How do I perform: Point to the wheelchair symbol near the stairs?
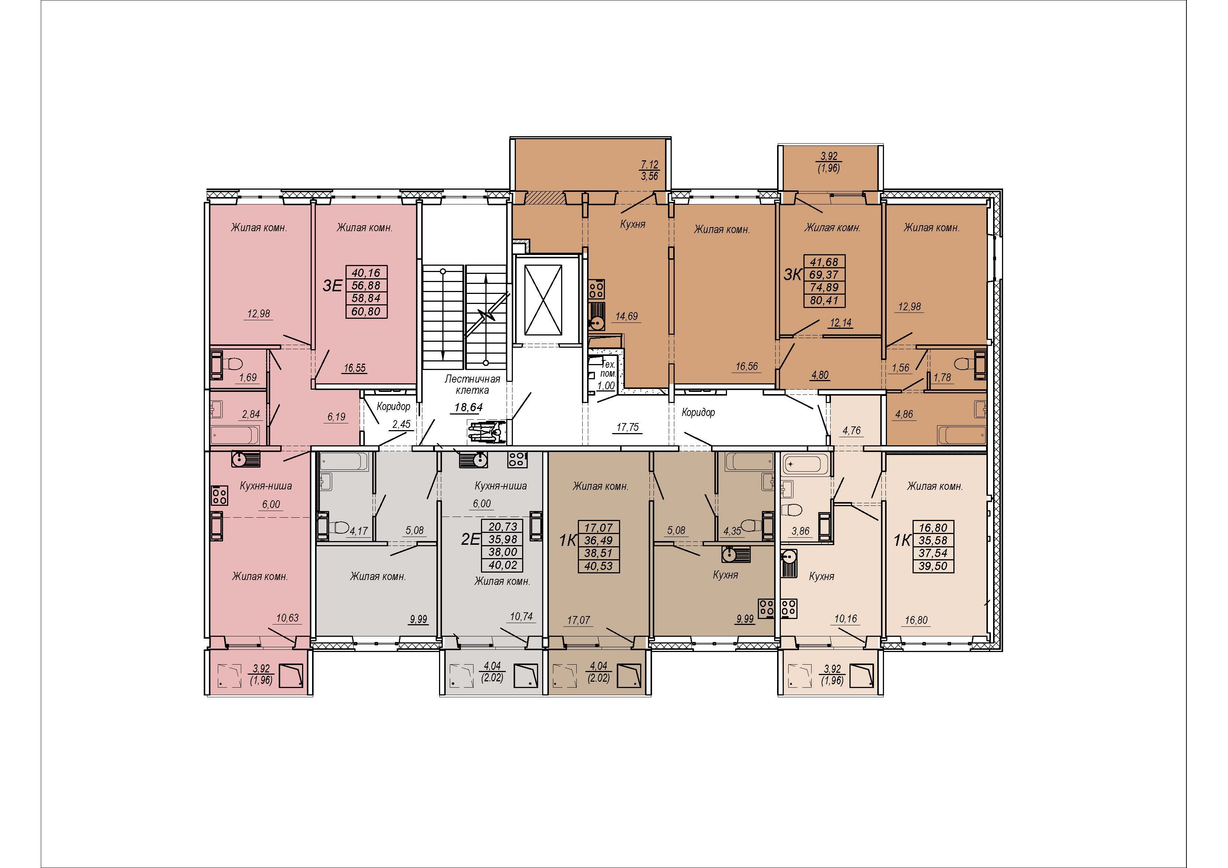487,432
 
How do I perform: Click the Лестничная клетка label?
472,384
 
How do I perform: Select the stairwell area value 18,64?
468,407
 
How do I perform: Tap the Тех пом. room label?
608,369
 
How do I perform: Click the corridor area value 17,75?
628,427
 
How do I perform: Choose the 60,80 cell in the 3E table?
366,311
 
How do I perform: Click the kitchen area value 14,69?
626,316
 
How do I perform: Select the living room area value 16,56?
747,366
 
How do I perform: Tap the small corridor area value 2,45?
401,424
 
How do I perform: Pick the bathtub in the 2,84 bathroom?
235,435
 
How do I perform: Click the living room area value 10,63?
287,618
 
